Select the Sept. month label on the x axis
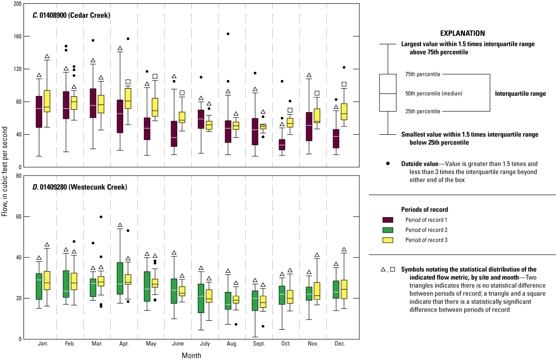[x=258, y=344]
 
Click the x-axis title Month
[x=191, y=356]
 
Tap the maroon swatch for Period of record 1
[x=388, y=220]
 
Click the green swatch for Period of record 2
[x=388, y=230]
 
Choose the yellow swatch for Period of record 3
[x=388, y=240]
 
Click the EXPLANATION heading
[x=462, y=34]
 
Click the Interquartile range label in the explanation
[x=520, y=94]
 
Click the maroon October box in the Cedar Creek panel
[x=282, y=145]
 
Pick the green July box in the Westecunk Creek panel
[x=201, y=298]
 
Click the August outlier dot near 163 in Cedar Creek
[x=228, y=34]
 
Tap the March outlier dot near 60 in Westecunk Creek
[x=101, y=217]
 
